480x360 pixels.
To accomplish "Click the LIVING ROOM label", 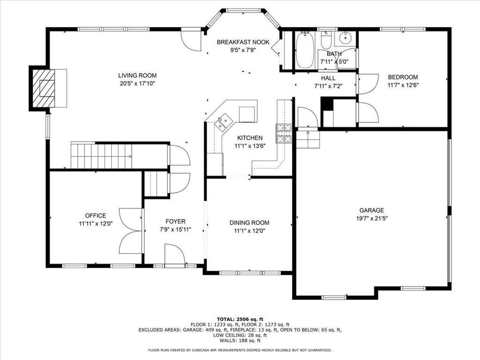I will coord(137,75).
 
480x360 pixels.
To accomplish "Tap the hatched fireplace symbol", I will coord(44,88).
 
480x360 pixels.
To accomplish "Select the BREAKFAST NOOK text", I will coord(243,42).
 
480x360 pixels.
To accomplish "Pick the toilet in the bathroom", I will coord(327,42).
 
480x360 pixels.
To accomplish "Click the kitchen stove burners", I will coord(283,133).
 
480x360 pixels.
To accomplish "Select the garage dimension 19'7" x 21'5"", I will coord(371,218).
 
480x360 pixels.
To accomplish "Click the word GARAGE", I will coord(371,210).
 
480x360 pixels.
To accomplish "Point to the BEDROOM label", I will coord(402,77).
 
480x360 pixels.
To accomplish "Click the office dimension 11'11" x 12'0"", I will coord(96,224).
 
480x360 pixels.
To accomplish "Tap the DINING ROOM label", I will coord(249,223).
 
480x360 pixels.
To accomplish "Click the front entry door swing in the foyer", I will coord(174,255).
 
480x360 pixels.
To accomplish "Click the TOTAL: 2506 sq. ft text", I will coord(240,319).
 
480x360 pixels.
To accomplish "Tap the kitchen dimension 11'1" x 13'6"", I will coord(249,146).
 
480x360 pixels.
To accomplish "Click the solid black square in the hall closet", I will coord(327,105).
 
